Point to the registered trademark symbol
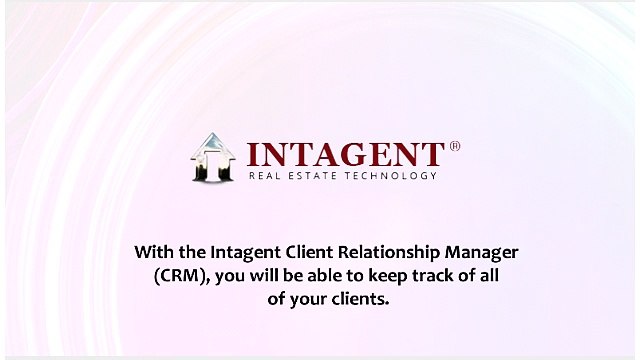tap(455, 146)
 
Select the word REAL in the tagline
tap(265, 176)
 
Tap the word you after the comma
tap(230, 277)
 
